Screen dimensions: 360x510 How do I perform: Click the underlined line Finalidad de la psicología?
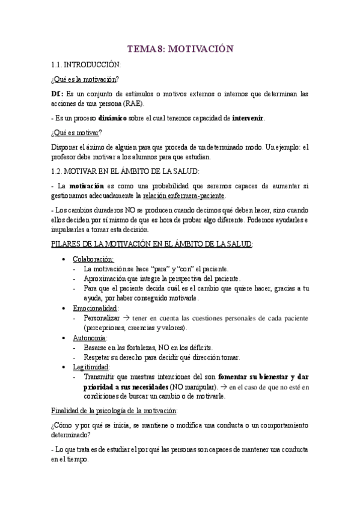pyautogui.click(x=114, y=411)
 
